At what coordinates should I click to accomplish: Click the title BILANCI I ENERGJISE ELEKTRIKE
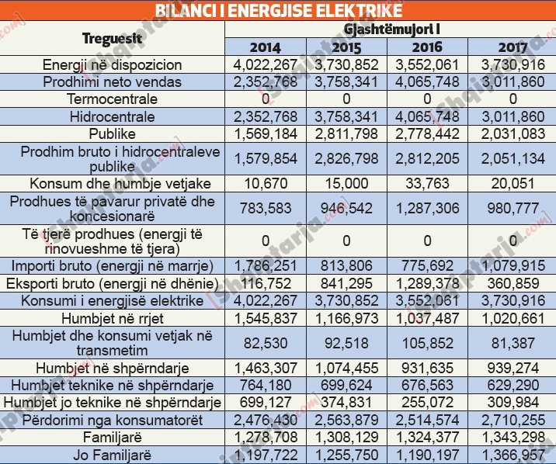click(279, 10)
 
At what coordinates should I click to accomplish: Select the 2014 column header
click(266, 47)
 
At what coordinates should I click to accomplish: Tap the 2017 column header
click(512, 47)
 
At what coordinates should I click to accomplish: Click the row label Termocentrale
click(113, 99)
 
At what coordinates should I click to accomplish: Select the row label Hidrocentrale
click(113, 116)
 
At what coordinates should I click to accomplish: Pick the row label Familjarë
click(113, 437)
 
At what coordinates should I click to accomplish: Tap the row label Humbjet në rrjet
click(113, 318)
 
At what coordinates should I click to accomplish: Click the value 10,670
click(266, 184)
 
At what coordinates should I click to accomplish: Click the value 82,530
click(266, 343)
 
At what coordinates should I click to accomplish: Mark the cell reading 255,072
click(429, 402)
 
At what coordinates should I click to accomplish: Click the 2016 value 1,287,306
click(429, 209)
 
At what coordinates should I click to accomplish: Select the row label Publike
click(113, 133)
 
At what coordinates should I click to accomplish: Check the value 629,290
click(512, 386)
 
